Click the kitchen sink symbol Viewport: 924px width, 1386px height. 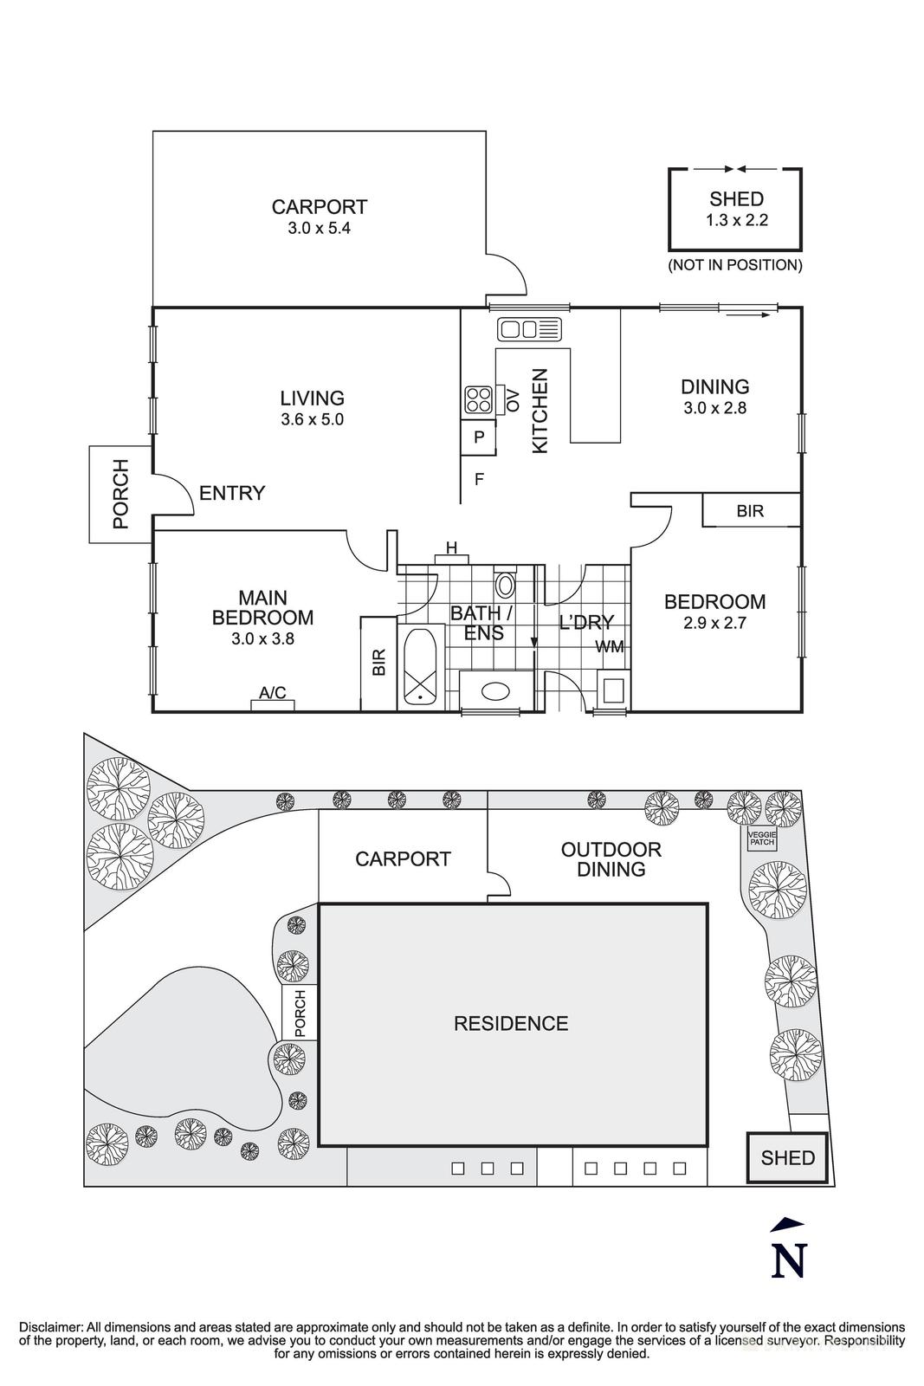point(529,328)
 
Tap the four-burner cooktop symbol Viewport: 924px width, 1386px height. point(478,399)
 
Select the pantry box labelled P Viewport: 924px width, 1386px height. point(478,438)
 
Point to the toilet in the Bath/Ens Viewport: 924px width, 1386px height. point(506,585)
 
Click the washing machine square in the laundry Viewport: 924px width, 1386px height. point(614,691)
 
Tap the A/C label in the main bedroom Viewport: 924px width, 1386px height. point(273,692)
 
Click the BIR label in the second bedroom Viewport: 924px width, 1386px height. point(750,511)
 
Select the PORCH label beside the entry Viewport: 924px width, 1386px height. point(120,495)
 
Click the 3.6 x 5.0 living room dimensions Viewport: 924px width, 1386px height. point(312,419)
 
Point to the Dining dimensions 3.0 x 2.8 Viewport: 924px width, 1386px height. point(714,407)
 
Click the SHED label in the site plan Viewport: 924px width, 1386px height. point(787,1157)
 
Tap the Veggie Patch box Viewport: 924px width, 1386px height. point(763,838)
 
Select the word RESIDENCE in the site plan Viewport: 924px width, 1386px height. point(511,1023)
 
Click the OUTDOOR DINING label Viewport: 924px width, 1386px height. point(611,859)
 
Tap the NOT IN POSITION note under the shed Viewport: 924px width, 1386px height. point(734,265)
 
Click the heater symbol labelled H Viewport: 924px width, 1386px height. point(451,547)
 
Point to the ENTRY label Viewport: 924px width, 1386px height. point(232,493)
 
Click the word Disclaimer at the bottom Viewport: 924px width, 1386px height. point(49,1327)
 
